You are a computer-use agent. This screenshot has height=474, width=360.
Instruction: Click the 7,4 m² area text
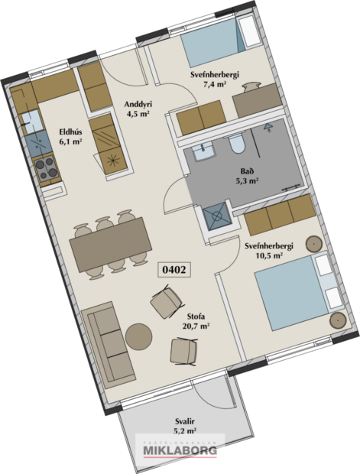[216, 86]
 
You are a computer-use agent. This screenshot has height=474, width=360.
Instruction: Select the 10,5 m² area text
[269, 257]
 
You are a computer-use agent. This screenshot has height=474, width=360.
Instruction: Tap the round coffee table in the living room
[138, 336]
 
